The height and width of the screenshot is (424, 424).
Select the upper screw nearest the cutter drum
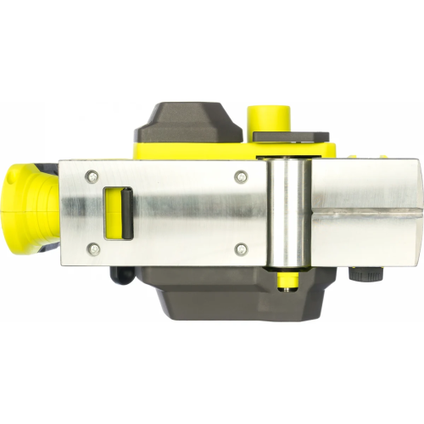coord(241,176)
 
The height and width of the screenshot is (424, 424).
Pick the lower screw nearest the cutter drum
coord(241,248)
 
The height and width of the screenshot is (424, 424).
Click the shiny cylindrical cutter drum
coord(286,212)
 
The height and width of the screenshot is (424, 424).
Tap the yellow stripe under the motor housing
coord(195,150)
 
